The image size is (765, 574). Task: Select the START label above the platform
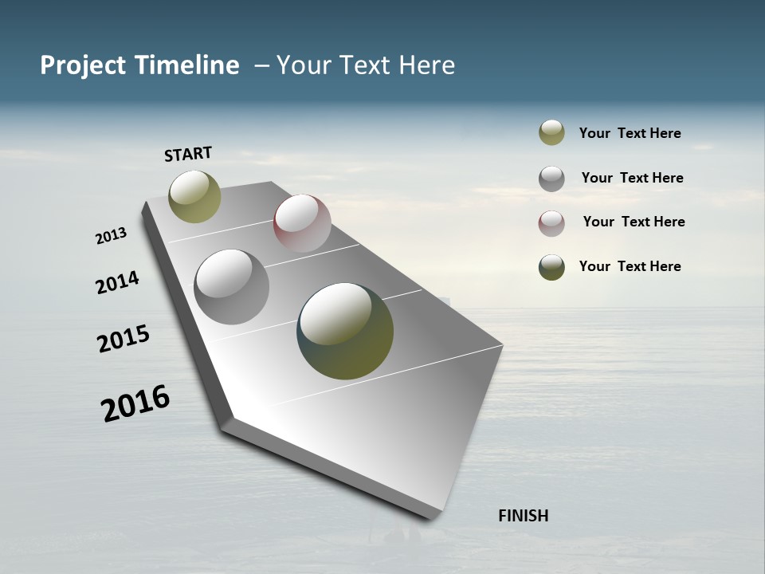pos(188,153)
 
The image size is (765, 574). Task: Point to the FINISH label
pos(523,516)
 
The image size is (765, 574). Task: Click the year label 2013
pos(111,236)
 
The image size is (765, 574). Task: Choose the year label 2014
pos(117,282)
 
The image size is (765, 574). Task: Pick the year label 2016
pos(135,403)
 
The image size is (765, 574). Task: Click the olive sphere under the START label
pos(194,196)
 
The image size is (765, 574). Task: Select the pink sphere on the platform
pos(302,223)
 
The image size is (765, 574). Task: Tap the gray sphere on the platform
pos(232,287)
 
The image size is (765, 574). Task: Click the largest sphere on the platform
pos(345,331)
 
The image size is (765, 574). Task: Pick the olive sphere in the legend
pos(551,132)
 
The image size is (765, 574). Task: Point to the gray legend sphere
pos(551,178)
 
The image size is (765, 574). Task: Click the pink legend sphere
pos(551,222)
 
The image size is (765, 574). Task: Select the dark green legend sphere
pos(551,267)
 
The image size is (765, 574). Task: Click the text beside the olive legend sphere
pos(630,133)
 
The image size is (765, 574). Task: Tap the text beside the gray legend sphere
pos(632,178)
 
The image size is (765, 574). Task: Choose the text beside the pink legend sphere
pos(634,222)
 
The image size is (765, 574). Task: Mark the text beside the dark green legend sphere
pos(630,266)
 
